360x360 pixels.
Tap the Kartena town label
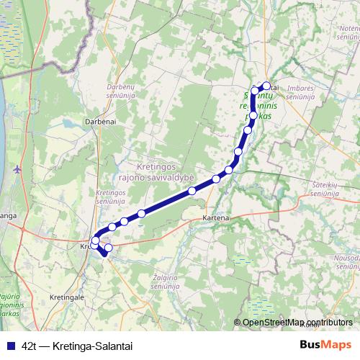coord(215,217)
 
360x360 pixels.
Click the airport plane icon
coord(18,169)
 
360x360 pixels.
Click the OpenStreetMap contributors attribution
coord(297,323)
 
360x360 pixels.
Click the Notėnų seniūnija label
coord(348,32)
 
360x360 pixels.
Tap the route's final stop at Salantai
coord(266,86)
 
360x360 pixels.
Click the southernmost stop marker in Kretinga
coord(109,248)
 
